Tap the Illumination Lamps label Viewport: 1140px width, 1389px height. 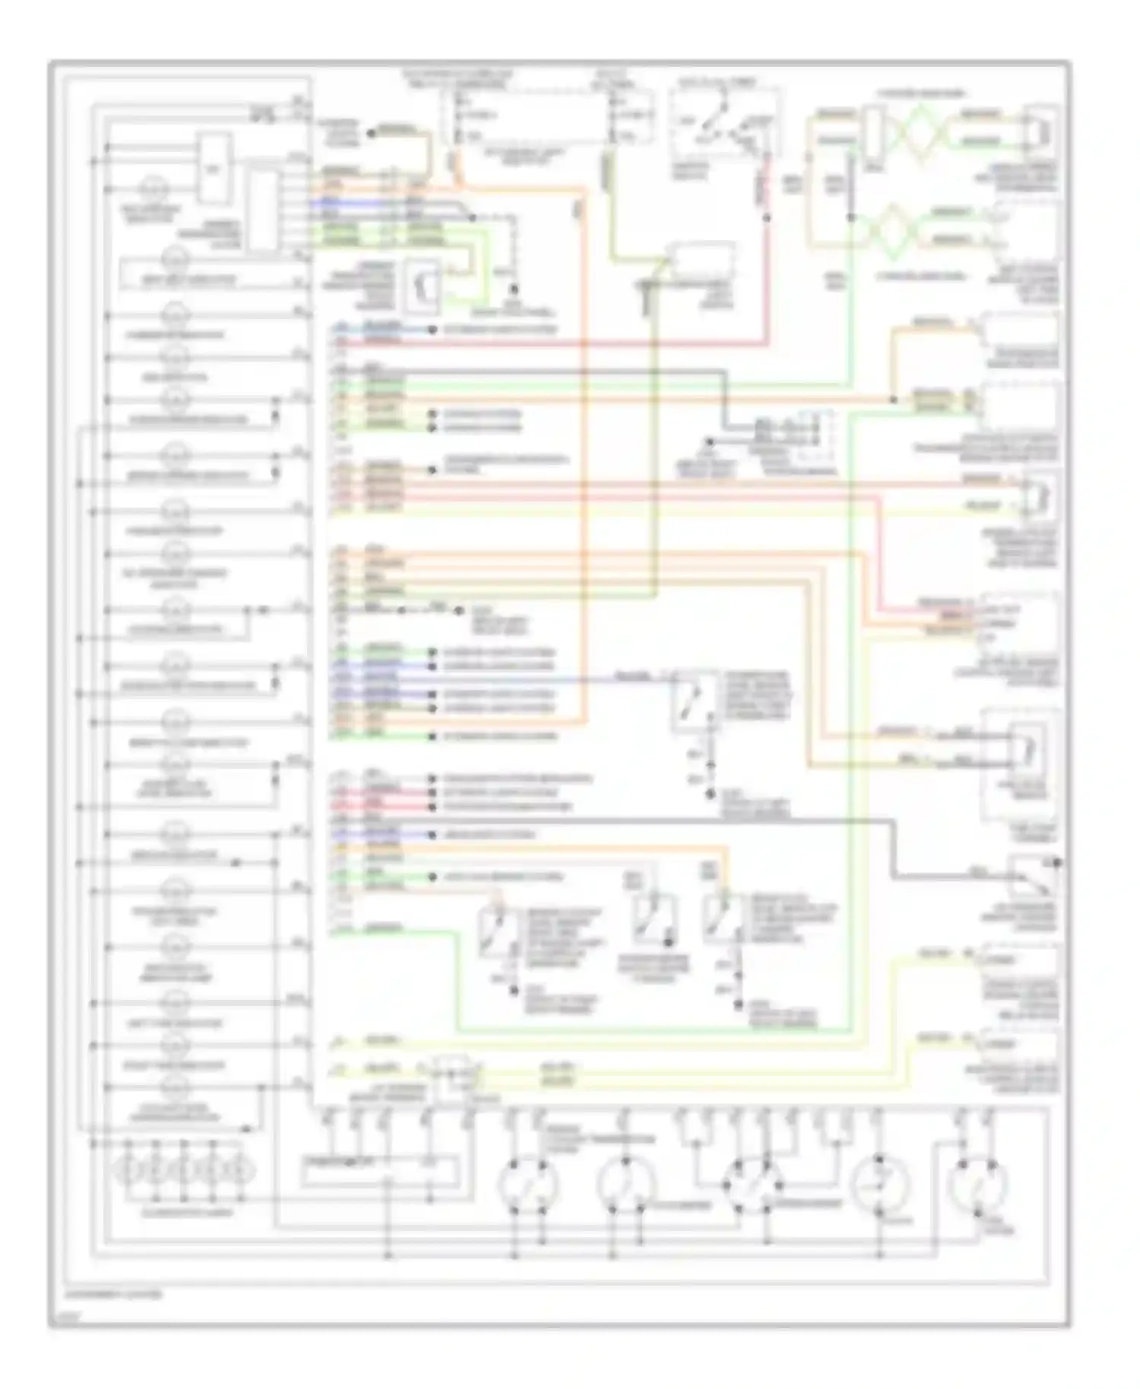pos(176,1212)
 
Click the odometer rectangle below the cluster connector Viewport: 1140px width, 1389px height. pos(379,1171)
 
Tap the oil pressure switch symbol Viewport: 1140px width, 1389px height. pos(1034,878)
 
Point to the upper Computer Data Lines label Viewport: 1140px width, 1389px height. pos(920,94)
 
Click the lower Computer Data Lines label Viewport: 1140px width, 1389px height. pos(920,277)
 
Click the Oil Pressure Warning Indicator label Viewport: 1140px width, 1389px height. pos(177,578)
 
